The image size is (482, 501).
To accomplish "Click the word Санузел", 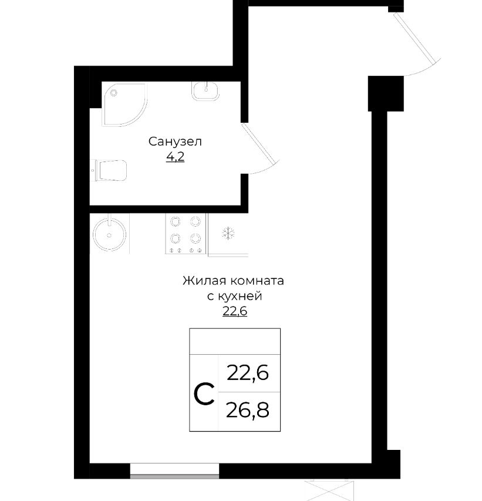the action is tap(175, 141).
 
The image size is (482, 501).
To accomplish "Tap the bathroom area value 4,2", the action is tap(175, 157).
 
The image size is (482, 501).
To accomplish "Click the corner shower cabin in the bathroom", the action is tap(124, 105).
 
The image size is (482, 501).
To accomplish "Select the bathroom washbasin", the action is tap(205, 90).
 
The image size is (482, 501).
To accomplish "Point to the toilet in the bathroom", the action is tap(110, 170).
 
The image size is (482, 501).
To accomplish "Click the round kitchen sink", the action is tap(110, 234).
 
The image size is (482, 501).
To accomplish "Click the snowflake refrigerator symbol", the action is tap(228, 233).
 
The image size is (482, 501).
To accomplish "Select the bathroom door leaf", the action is tap(258, 143).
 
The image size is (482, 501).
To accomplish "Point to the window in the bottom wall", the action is tap(174, 470).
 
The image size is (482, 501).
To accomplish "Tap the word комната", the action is tap(257, 281).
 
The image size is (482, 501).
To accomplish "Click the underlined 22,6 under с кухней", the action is tap(235, 311).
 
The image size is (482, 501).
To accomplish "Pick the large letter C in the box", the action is tap(204, 394).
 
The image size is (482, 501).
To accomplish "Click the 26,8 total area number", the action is tap(248, 411).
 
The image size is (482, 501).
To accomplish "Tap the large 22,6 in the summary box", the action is tap(248, 372).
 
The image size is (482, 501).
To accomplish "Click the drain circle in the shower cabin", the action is tap(114, 93).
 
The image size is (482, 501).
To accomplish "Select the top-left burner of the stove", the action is tap(175, 221).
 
